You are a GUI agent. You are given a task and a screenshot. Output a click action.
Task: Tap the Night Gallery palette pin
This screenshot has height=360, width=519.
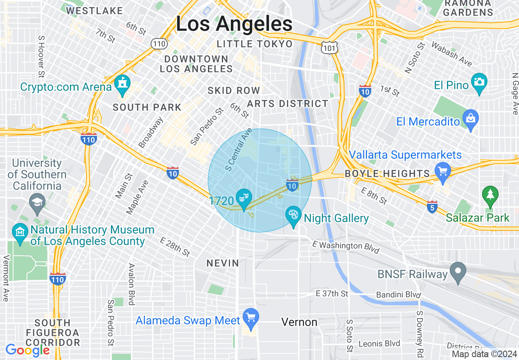coord(293,216)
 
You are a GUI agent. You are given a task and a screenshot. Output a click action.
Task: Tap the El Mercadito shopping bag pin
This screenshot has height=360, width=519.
coord(471,119)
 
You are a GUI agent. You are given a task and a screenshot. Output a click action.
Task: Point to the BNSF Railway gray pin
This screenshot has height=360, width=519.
coord(458,271)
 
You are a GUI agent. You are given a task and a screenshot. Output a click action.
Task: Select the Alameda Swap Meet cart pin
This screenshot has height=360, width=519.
coord(250,317)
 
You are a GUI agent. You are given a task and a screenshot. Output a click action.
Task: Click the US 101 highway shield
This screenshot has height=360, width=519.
coord(329,48)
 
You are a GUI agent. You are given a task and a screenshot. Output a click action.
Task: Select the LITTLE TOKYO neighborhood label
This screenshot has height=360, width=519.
coord(255,44)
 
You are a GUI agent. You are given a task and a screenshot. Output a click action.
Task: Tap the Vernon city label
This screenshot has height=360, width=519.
coord(299,322)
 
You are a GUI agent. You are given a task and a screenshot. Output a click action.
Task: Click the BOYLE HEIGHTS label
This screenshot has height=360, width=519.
coord(387,173)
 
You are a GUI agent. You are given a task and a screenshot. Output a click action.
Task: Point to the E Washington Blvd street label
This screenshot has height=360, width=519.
coord(346,247)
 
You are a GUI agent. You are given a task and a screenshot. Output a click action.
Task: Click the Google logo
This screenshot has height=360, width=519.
coord(28,350)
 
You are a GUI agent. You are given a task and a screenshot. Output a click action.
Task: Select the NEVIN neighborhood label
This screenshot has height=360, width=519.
coord(223,263)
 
